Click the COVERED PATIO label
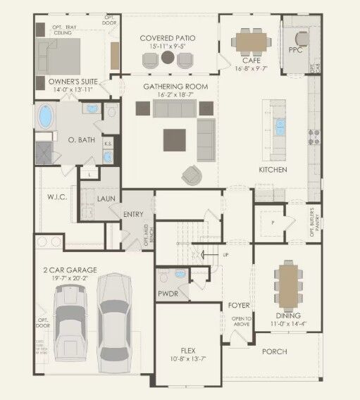point(168,37)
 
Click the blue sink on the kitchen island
point(280,127)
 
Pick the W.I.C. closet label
point(57,196)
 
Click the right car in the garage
point(115,320)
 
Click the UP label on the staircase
point(225,254)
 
